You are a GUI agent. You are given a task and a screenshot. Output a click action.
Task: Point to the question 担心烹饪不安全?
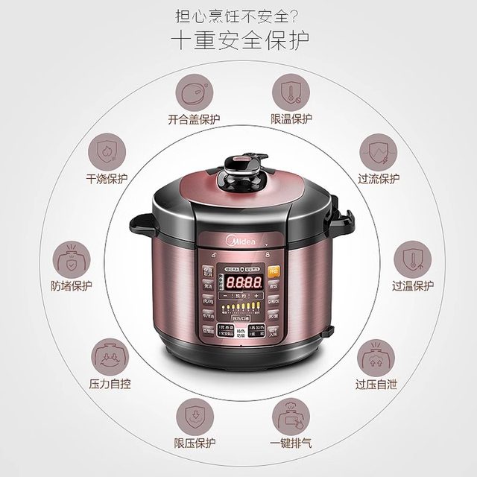238,15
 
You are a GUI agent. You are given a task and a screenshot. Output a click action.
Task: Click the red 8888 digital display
243,283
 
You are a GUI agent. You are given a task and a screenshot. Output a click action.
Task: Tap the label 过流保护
379,179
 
